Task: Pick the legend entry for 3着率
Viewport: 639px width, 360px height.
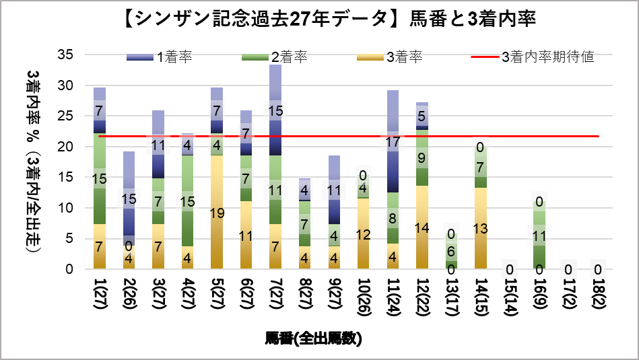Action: pos(404,57)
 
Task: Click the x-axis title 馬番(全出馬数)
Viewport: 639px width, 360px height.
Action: pos(314,338)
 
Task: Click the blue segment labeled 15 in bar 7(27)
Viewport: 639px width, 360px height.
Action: pos(275,110)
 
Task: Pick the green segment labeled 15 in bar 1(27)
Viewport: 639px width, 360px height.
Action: pos(99,178)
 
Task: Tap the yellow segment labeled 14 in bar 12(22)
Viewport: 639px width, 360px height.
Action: pos(422,227)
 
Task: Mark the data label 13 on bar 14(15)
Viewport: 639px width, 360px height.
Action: pos(480,228)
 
